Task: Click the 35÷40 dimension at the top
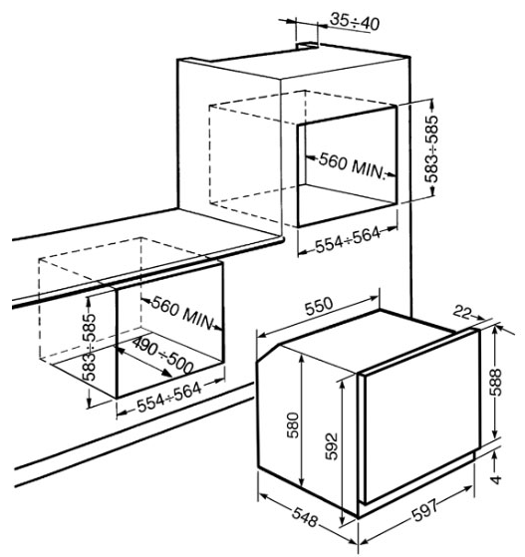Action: pyautogui.click(x=354, y=21)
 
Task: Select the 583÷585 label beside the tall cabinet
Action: pyautogui.click(x=432, y=148)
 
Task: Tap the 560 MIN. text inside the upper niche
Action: pyautogui.click(x=352, y=165)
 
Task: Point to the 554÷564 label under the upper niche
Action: pyautogui.click(x=348, y=240)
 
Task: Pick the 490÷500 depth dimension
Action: pyautogui.click(x=162, y=355)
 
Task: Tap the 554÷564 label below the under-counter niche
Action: pyautogui.click(x=169, y=397)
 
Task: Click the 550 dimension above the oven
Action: pyautogui.click(x=320, y=306)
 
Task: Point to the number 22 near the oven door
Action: pyautogui.click(x=462, y=313)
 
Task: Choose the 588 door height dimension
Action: pyautogui.click(x=495, y=382)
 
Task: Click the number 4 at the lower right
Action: pyautogui.click(x=495, y=479)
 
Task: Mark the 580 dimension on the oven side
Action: pyautogui.click(x=293, y=424)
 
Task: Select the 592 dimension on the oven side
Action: pyautogui.click(x=332, y=446)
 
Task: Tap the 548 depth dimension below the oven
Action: pyautogui.click(x=305, y=517)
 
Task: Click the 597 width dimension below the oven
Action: pyautogui.click(x=425, y=510)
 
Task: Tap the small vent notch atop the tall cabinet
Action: pyautogui.click(x=308, y=45)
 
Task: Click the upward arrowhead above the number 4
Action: pyautogui.click(x=495, y=455)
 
